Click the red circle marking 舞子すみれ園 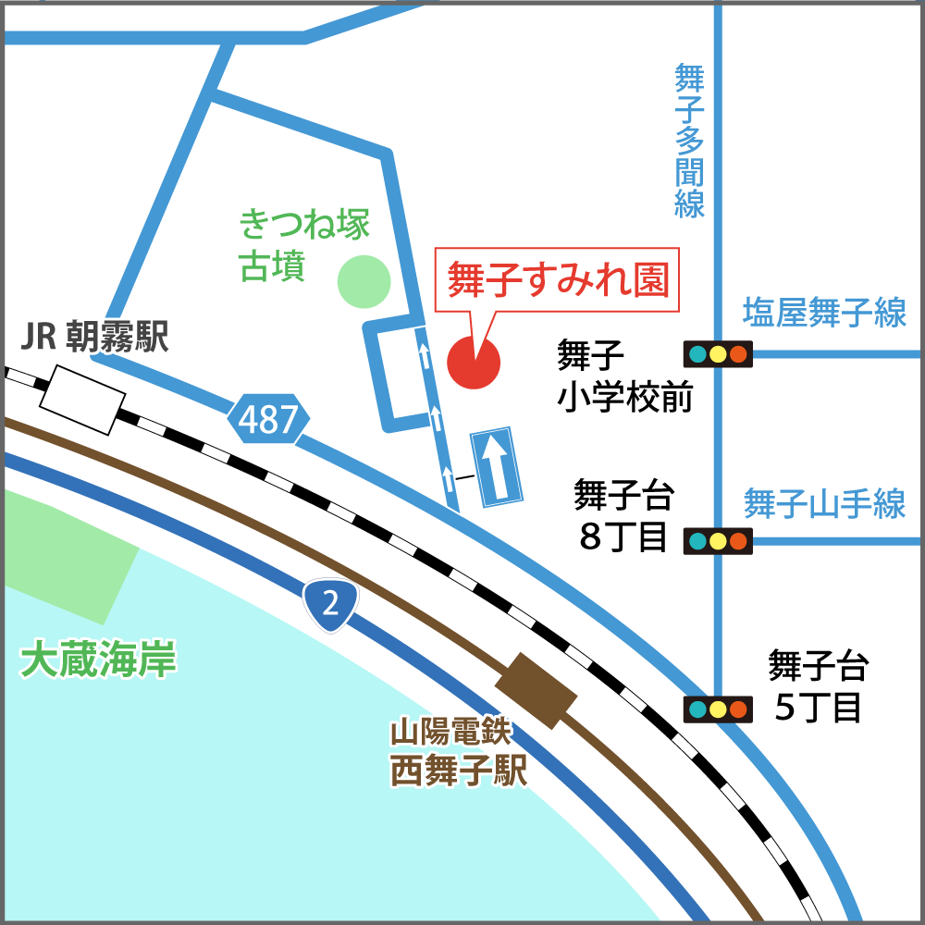474,363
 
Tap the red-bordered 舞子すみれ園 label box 557,279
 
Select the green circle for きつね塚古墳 363,281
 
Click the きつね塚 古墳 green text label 304,245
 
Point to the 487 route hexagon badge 268,421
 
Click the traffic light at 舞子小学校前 718,354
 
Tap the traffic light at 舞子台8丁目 718,541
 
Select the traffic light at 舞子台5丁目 718,709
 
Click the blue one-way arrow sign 497,466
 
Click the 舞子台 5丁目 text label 818,687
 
